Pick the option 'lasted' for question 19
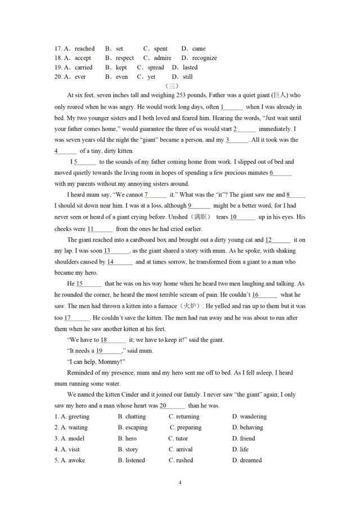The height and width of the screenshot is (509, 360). pos(190,67)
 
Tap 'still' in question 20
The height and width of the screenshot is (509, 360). pos(187,77)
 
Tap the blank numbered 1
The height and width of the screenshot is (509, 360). pos(232,107)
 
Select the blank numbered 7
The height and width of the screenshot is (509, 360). pos(156,195)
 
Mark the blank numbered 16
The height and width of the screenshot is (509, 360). pos(264,295)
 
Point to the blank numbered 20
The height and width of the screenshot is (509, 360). pos(172,406)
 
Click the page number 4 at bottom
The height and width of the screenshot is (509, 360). pos(180,482)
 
